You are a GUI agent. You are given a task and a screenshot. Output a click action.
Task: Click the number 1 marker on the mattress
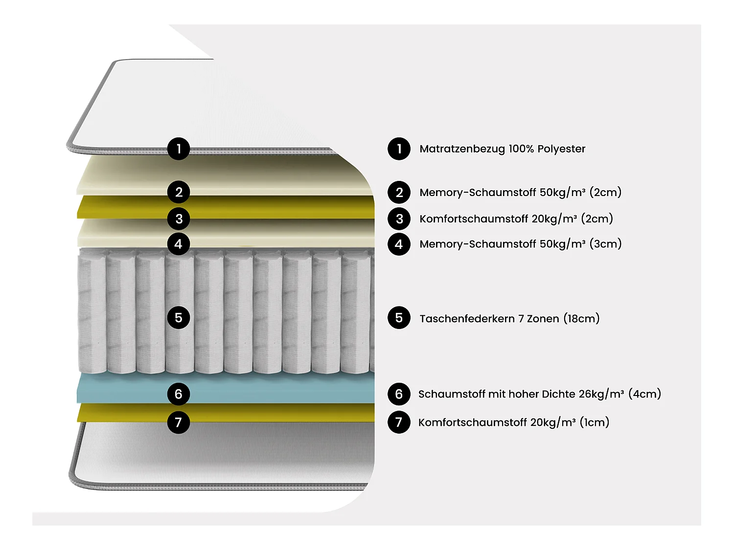point(179,149)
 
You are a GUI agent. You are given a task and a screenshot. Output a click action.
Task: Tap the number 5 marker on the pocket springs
point(179,318)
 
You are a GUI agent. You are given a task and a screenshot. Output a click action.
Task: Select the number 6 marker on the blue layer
point(179,394)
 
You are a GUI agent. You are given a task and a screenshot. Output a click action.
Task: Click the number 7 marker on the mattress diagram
point(179,422)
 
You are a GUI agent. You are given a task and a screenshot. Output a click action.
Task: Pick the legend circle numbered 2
point(399,193)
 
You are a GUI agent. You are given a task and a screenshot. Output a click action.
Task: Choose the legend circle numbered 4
point(399,244)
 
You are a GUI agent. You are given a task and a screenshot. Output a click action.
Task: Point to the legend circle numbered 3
point(399,219)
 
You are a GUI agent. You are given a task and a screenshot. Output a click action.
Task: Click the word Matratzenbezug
point(462,149)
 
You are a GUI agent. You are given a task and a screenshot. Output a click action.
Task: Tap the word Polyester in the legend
point(561,149)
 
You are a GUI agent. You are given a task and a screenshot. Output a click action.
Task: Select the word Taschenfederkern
point(467,319)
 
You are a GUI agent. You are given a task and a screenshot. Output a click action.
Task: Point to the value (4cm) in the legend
point(644,394)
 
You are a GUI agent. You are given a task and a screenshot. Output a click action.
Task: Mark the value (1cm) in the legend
point(594,422)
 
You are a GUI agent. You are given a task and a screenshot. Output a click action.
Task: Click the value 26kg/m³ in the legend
point(601,394)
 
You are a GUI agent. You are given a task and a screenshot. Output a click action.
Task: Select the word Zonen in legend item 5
point(543,319)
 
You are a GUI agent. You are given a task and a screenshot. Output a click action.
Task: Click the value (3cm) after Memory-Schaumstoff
point(605,244)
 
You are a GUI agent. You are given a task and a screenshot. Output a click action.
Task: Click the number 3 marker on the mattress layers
point(179,219)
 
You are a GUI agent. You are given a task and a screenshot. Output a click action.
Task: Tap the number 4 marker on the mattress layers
point(179,244)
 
